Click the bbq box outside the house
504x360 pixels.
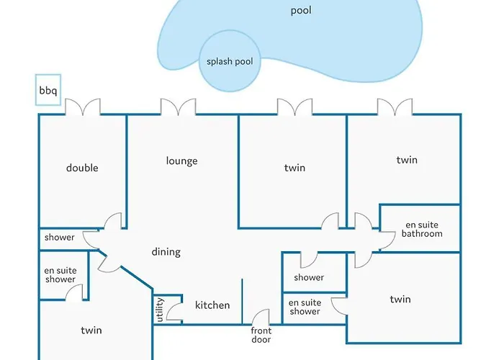(x=48, y=91)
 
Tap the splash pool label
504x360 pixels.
(x=230, y=61)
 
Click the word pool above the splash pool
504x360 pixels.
(x=301, y=11)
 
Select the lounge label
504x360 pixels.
(x=181, y=161)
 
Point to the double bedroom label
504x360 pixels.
(x=82, y=168)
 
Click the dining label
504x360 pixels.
(x=166, y=252)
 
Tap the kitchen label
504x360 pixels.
(x=212, y=305)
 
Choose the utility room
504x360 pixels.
(x=160, y=310)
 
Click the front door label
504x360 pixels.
(x=261, y=335)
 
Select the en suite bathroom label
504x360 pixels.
(x=422, y=229)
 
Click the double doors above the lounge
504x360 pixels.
(x=178, y=107)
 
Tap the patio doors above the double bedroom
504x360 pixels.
(x=83, y=107)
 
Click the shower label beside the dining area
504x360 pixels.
(x=309, y=277)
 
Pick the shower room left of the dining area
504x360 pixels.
(x=60, y=238)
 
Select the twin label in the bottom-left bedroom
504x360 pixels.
(x=91, y=330)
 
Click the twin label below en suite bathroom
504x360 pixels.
(x=400, y=300)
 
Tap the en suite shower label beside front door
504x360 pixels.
(x=305, y=307)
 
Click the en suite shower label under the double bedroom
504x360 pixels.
(x=60, y=275)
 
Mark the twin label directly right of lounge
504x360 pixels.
(x=294, y=168)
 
